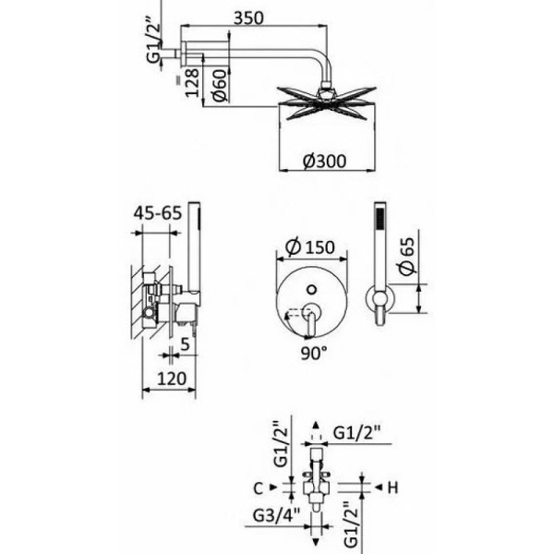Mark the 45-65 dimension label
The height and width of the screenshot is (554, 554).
tap(156, 212)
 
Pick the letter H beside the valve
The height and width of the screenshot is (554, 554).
tap(391, 487)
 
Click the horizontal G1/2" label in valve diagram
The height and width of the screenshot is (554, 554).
tap(356, 431)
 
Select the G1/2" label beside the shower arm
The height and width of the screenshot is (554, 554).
tap(156, 42)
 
